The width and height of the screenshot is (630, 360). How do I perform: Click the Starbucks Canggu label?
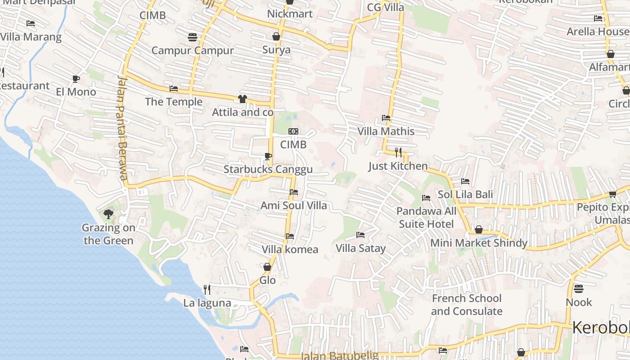[268, 170]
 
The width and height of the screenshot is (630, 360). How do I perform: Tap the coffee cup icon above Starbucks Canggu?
[268, 156]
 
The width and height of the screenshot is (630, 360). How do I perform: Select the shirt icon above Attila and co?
[243, 99]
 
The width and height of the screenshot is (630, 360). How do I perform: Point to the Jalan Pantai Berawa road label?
[122, 128]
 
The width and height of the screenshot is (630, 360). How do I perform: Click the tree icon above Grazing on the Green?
[108, 214]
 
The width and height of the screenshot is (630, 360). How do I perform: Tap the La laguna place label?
[207, 303]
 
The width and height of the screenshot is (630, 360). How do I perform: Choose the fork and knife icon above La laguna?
[207, 289]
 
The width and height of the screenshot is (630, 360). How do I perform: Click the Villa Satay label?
[360, 248]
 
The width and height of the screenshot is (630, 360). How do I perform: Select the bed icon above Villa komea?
[290, 236]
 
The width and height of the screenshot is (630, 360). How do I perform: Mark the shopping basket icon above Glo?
[267, 267]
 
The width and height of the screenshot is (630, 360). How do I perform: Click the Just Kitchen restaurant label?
[398, 166]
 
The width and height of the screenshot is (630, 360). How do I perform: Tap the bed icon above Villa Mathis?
[386, 118]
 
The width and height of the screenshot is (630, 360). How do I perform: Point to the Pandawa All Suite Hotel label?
[426, 217]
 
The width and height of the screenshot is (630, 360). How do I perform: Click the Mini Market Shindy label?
[479, 243]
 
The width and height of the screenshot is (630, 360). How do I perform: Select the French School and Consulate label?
[467, 305]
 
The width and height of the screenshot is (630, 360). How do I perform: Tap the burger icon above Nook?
[579, 288]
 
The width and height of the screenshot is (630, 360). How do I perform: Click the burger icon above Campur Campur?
[193, 37]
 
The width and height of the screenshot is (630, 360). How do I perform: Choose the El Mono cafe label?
[76, 92]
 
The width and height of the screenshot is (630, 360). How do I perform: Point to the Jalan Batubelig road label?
[339, 355]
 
